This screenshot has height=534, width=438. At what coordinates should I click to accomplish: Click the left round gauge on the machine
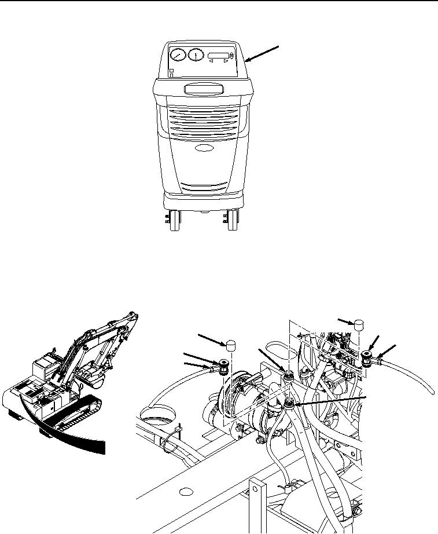[178, 56]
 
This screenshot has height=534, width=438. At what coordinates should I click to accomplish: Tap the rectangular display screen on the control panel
[219, 56]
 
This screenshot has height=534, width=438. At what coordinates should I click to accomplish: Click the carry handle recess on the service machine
[203, 89]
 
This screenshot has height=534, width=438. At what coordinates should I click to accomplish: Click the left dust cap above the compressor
[231, 346]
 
